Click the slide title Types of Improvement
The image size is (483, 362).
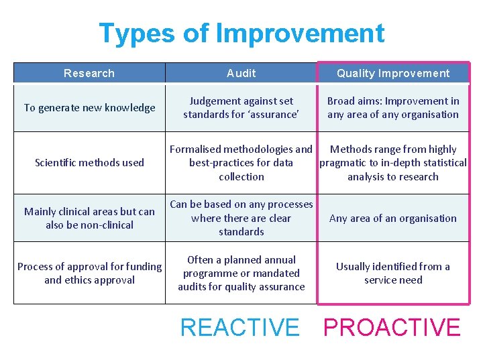241,33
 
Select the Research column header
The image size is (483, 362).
89,73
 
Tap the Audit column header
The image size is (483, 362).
241,73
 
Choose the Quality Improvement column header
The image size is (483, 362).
393,73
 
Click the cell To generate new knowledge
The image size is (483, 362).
89,108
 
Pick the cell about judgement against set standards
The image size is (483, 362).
241,108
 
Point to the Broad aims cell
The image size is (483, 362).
393,108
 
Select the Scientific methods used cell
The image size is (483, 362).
89,162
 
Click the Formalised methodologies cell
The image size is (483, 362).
241,163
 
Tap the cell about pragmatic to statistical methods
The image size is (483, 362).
393,163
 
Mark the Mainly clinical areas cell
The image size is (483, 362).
89,218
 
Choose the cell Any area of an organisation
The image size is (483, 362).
393,218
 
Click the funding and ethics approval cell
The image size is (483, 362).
89,273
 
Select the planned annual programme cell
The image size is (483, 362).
241,273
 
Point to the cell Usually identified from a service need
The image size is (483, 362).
393,273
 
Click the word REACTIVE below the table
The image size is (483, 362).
239,327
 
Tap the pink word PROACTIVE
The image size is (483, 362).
392,327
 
